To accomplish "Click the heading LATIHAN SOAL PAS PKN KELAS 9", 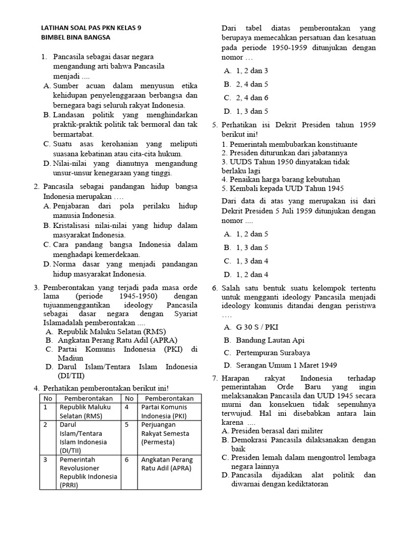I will click(x=91, y=28).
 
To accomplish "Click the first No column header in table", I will click(x=48, y=397).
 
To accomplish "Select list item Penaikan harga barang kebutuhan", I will click(x=281, y=179).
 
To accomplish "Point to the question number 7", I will click(x=215, y=378).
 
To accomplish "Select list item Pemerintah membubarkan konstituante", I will click(x=290, y=144).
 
